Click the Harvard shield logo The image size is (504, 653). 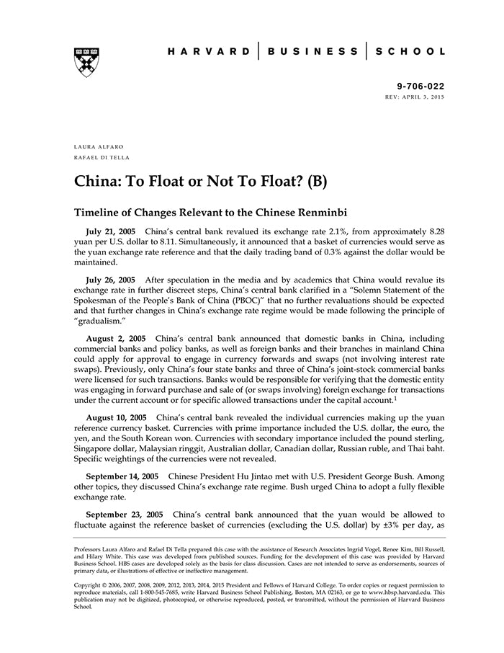tap(86, 62)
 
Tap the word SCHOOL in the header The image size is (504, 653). tap(413, 52)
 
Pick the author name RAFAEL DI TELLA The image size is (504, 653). tap(102, 157)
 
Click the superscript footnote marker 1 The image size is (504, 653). tap(395, 397)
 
